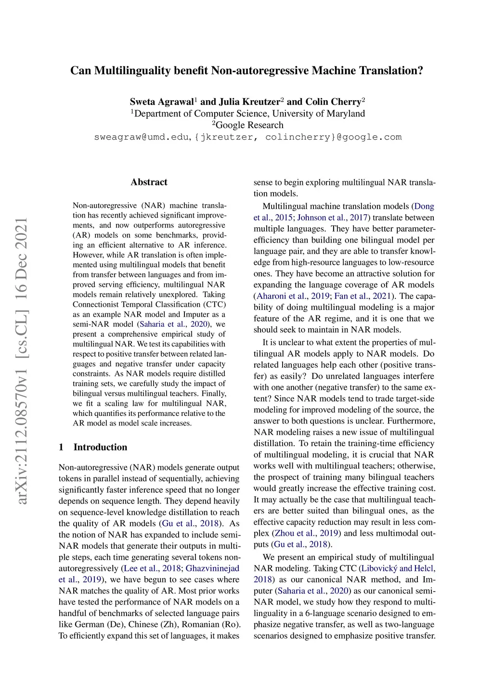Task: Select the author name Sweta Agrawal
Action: (162, 102)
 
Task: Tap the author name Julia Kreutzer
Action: (249, 102)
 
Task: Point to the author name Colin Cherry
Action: (333, 102)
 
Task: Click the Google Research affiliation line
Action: (249, 125)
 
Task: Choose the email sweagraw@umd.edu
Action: (142, 137)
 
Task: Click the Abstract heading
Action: (149, 182)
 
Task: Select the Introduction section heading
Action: (100, 447)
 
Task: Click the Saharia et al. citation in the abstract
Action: (173, 324)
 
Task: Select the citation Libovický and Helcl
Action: (398, 568)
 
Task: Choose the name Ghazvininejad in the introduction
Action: (212, 568)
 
